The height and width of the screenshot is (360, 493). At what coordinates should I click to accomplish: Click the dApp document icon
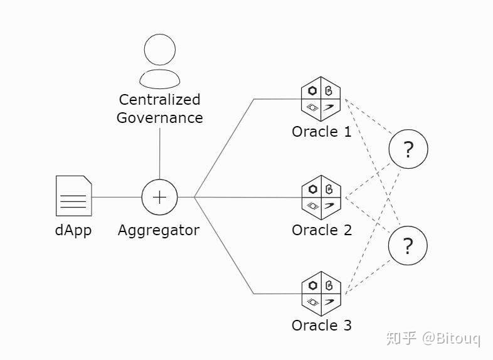(x=74, y=196)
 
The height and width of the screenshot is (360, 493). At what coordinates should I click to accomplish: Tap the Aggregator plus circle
(x=160, y=198)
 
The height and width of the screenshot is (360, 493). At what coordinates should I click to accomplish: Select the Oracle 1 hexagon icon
(x=321, y=99)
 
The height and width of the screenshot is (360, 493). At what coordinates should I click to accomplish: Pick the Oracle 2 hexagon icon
(x=321, y=198)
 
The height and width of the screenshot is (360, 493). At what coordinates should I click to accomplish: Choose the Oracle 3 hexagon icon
(x=321, y=294)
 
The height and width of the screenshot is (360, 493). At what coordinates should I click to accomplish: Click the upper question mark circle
(x=408, y=149)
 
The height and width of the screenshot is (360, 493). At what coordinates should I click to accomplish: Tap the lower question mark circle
(x=408, y=246)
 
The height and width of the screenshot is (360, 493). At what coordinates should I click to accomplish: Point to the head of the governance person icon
(x=160, y=50)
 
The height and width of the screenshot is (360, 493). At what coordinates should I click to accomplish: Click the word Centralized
(x=160, y=100)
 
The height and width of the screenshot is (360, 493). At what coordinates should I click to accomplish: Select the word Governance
(x=160, y=118)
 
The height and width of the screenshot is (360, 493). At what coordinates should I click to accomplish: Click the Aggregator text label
(x=159, y=231)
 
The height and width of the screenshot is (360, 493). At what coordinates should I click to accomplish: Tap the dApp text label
(x=73, y=230)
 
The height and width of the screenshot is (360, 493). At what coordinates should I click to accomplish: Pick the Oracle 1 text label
(x=321, y=132)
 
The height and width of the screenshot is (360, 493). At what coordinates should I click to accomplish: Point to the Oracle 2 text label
(x=322, y=230)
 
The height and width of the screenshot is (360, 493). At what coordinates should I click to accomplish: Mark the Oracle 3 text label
(x=321, y=326)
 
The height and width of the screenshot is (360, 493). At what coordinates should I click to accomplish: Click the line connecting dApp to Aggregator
(x=117, y=198)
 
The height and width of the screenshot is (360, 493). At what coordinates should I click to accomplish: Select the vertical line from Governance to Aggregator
(x=160, y=154)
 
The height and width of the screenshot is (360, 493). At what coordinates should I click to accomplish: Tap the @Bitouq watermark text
(x=451, y=339)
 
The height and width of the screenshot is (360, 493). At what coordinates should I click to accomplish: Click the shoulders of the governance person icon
(x=160, y=78)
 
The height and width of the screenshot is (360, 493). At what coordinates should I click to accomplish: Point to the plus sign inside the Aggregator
(x=160, y=198)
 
